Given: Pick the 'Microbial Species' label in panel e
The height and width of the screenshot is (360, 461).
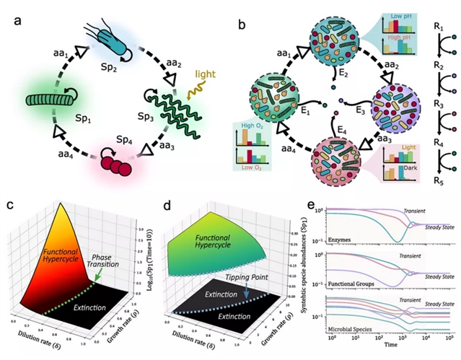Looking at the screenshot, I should [353, 329].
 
